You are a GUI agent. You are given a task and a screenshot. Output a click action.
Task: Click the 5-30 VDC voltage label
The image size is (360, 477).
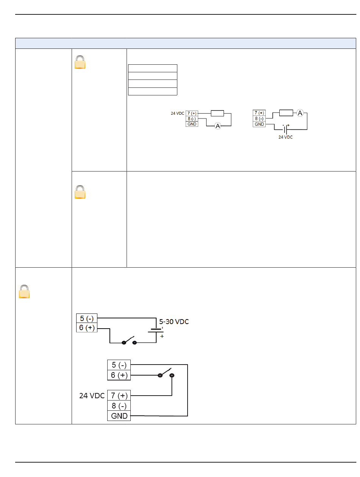pyautogui.click(x=174, y=321)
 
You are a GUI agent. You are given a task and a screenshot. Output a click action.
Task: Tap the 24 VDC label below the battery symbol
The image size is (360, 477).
pyautogui.click(x=285, y=137)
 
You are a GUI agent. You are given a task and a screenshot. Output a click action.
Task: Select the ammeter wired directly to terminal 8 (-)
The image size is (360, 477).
pyautogui.click(x=218, y=126)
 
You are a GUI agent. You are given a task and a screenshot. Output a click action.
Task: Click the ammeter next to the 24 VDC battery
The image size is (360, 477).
pyautogui.click(x=300, y=113)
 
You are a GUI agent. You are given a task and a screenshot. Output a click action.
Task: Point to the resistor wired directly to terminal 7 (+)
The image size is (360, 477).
pyautogui.click(x=217, y=113)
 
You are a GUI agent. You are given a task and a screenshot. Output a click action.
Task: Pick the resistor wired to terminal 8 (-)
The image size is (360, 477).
pyautogui.click(x=286, y=113)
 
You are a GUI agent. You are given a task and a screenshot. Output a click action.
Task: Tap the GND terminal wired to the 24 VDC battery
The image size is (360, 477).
pyautogui.click(x=259, y=124)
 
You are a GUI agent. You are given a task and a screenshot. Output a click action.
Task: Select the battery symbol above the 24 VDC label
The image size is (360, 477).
pyautogui.click(x=285, y=129)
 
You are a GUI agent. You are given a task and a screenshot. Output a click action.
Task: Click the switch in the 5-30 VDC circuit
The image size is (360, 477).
pyautogui.click(x=129, y=341)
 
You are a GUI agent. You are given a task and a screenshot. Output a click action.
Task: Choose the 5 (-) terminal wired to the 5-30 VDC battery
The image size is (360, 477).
pyautogui.click(x=86, y=318)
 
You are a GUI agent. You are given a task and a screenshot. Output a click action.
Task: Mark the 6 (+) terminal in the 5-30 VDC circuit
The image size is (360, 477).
pyautogui.click(x=86, y=327)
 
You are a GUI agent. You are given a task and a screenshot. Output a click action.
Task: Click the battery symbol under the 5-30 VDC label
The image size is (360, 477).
pyautogui.click(x=156, y=330)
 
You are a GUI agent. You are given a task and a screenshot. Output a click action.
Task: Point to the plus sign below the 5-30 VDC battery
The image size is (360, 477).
pyautogui.click(x=162, y=336)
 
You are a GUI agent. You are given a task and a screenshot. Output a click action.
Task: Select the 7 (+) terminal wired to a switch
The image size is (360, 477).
pyautogui.click(x=119, y=396)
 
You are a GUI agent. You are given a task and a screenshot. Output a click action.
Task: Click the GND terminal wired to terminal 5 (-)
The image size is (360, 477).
pyautogui.click(x=119, y=416)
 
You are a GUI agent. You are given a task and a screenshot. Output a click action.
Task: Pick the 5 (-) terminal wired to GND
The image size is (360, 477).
pyautogui.click(x=119, y=365)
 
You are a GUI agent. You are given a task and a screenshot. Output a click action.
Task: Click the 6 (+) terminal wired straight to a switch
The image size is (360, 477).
pyautogui.click(x=119, y=375)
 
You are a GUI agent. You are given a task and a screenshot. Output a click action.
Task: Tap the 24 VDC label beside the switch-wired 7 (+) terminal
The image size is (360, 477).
pyautogui.click(x=92, y=396)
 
